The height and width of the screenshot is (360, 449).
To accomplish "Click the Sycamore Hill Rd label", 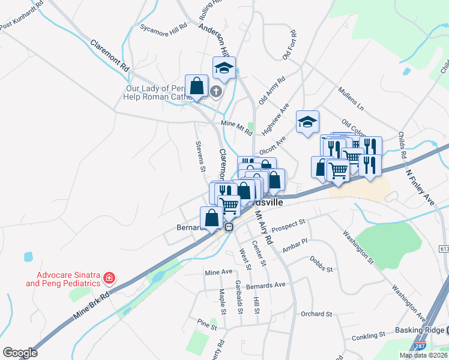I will pyautogui.click(x=163, y=27).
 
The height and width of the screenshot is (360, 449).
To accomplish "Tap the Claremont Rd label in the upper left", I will pyautogui.click(x=110, y=56).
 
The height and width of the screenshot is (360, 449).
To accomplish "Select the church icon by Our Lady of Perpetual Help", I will pyautogui.click(x=216, y=91).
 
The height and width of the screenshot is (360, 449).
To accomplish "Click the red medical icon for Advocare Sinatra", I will pyautogui.click(x=109, y=278).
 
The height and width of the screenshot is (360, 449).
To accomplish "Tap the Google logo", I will pyautogui.click(x=20, y=353).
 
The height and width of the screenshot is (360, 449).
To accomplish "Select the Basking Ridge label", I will pyautogui.click(x=420, y=331).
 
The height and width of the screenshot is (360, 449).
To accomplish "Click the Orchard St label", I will pyautogui.click(x=316, y=314).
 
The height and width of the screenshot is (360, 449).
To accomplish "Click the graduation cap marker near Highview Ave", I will pyautogui.click(x=307, y=122).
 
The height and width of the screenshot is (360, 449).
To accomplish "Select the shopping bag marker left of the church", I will pyautogui.click(x=196, y=86).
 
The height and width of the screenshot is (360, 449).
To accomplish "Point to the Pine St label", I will pyautogui.click(x=206, y=322).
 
